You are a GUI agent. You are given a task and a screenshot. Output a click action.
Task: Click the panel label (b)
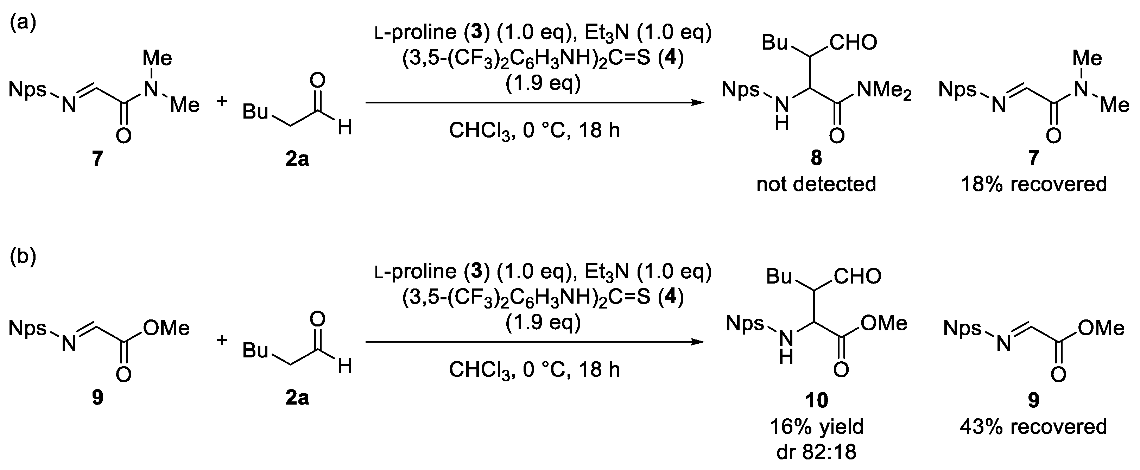pyautogui.click(x=23, y=257)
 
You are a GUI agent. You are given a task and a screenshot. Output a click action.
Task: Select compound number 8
pyautogui.click(x=816, y=158)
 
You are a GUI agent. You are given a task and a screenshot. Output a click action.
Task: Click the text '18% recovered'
pyautogui.click(x=1033, y=184)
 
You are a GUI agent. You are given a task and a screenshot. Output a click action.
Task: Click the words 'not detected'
pyautogui.click(x=816, y=184)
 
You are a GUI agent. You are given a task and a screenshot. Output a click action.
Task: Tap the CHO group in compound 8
pyautogui.click(x=853, y=43)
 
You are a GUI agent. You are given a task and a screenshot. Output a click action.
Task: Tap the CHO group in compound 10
pyautogui.click(x=857, y=277)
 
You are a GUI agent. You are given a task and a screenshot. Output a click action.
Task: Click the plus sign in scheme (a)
pyautogui.click(x=222, y=101)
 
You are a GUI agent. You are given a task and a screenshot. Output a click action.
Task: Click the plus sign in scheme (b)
pyautogui.click(x=222, y=340)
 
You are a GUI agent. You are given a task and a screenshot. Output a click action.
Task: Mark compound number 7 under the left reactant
pyautogui.click(x=97, y=158)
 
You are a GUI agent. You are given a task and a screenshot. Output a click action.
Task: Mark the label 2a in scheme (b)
pyautogui.click(x=297, y=398)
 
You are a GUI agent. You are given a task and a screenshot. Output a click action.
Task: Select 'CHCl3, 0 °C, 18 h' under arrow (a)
pyautogui.click(x=534, y=131)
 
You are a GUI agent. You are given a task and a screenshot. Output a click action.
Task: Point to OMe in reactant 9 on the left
pyautogui.click(x=166, y=328)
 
